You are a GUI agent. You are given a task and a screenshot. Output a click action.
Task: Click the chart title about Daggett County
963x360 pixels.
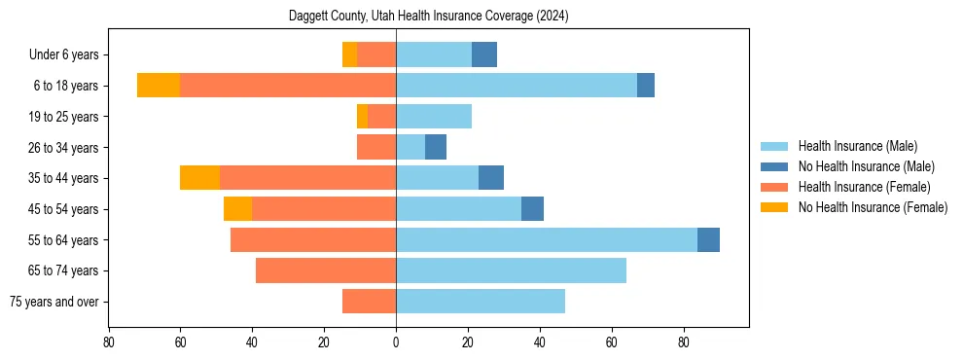(x=428, y=17)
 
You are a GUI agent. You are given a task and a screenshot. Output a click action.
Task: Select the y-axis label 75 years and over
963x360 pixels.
(x=54, y=302)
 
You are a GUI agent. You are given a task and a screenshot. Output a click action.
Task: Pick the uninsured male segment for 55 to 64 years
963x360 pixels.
(x=708, y=239)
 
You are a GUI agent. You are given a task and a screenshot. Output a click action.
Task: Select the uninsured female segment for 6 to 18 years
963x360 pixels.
(x=159, y=86)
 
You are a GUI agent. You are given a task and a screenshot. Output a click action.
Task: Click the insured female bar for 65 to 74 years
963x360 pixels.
(x=326, y=270)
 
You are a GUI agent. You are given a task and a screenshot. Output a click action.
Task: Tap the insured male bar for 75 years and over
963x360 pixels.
(x=481, y=302)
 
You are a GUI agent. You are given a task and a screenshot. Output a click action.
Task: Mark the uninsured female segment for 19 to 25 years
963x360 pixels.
(x=362, y=117)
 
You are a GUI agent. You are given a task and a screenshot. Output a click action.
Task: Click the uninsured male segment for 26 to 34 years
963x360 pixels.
(x=436, y=147)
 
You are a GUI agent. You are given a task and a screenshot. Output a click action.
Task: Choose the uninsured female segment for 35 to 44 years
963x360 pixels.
(x=199, y=178)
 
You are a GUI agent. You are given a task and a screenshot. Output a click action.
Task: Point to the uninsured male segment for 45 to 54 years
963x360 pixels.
(x=532, y=209)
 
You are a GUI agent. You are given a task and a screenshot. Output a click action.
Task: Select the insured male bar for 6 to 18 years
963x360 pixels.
(x=517, y=86)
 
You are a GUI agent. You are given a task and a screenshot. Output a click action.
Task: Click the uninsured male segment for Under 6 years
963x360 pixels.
(x=484, y=54)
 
